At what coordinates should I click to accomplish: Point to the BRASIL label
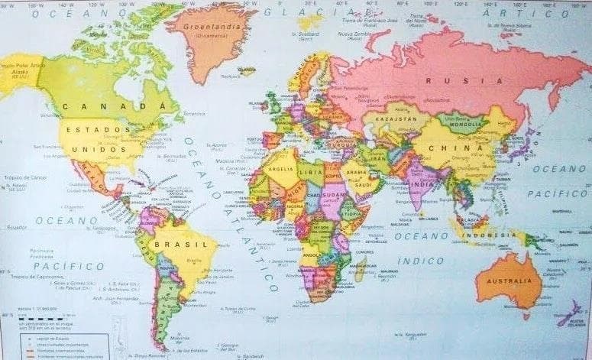pos(171,244)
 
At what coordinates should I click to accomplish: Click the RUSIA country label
pos(445,80)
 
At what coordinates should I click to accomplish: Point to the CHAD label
pos(313,196)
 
